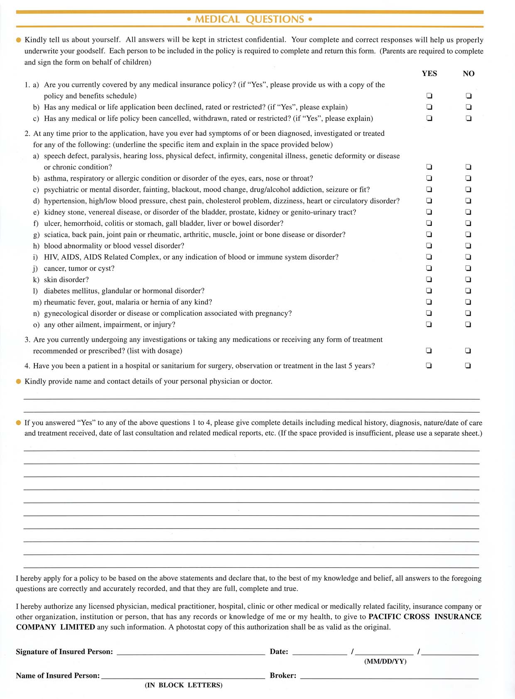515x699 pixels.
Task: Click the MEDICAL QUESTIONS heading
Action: coord(250,20)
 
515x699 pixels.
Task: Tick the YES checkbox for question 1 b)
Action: coord(429,107)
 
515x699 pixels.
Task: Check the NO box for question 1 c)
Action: coord(468,118)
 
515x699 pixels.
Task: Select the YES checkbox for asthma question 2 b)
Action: coord(429,179)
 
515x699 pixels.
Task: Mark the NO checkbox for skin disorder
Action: coord(468,280)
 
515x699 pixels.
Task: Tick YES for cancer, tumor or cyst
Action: coord(429,268)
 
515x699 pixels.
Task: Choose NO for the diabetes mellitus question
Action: coord(468,291)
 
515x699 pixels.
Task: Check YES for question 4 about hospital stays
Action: coord(429,366)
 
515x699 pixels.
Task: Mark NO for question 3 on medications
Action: coord(468,351)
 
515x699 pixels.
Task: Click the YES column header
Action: coord(429,74)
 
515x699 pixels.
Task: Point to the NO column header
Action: coord(468,74)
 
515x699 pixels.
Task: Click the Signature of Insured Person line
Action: coord(191,652)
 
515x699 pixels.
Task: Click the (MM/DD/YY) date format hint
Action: coord(385,662)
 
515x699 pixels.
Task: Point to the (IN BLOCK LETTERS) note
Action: coord(184,685)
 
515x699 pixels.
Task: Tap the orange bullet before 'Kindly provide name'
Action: coord(18,381)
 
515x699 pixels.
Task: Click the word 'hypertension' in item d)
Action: coord(63,201)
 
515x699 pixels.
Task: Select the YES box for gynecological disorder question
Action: coord(429,313)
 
